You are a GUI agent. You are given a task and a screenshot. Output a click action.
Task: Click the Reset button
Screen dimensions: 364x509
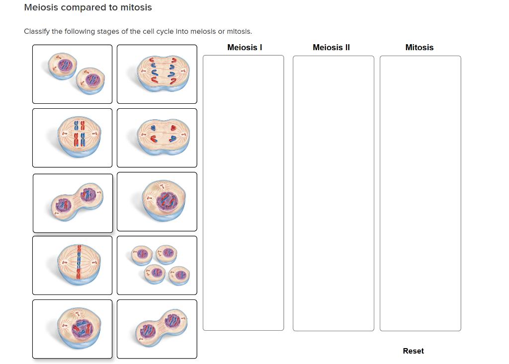click(413, 351)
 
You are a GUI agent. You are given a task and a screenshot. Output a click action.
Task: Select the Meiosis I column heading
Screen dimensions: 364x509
click(245, 48)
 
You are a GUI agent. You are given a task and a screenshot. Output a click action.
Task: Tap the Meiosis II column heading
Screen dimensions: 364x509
click(331, 48)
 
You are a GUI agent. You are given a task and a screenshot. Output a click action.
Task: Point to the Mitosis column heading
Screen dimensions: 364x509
click(419, 48)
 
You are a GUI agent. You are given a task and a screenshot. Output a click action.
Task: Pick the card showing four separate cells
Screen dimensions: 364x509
click(157, 265)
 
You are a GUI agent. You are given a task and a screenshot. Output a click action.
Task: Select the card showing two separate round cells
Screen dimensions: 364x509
click(73, 74)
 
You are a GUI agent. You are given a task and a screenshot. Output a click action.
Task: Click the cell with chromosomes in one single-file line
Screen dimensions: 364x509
click(73, 265)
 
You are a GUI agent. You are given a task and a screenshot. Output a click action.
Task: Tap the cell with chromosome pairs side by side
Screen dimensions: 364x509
click(73, 138)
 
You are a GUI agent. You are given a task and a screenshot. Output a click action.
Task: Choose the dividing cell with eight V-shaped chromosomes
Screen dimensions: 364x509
click(157, 74)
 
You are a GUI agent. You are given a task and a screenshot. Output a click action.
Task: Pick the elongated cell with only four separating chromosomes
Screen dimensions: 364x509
click(157, 138)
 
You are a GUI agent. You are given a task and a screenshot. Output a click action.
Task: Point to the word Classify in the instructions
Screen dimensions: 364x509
click(36, 32)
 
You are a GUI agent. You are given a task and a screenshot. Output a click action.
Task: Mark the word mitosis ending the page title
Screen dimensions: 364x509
click(136, 8)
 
